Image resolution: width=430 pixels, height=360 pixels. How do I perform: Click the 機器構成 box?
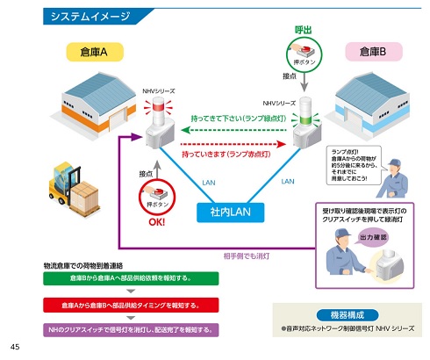pyautogui.click(x=344, y=314)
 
